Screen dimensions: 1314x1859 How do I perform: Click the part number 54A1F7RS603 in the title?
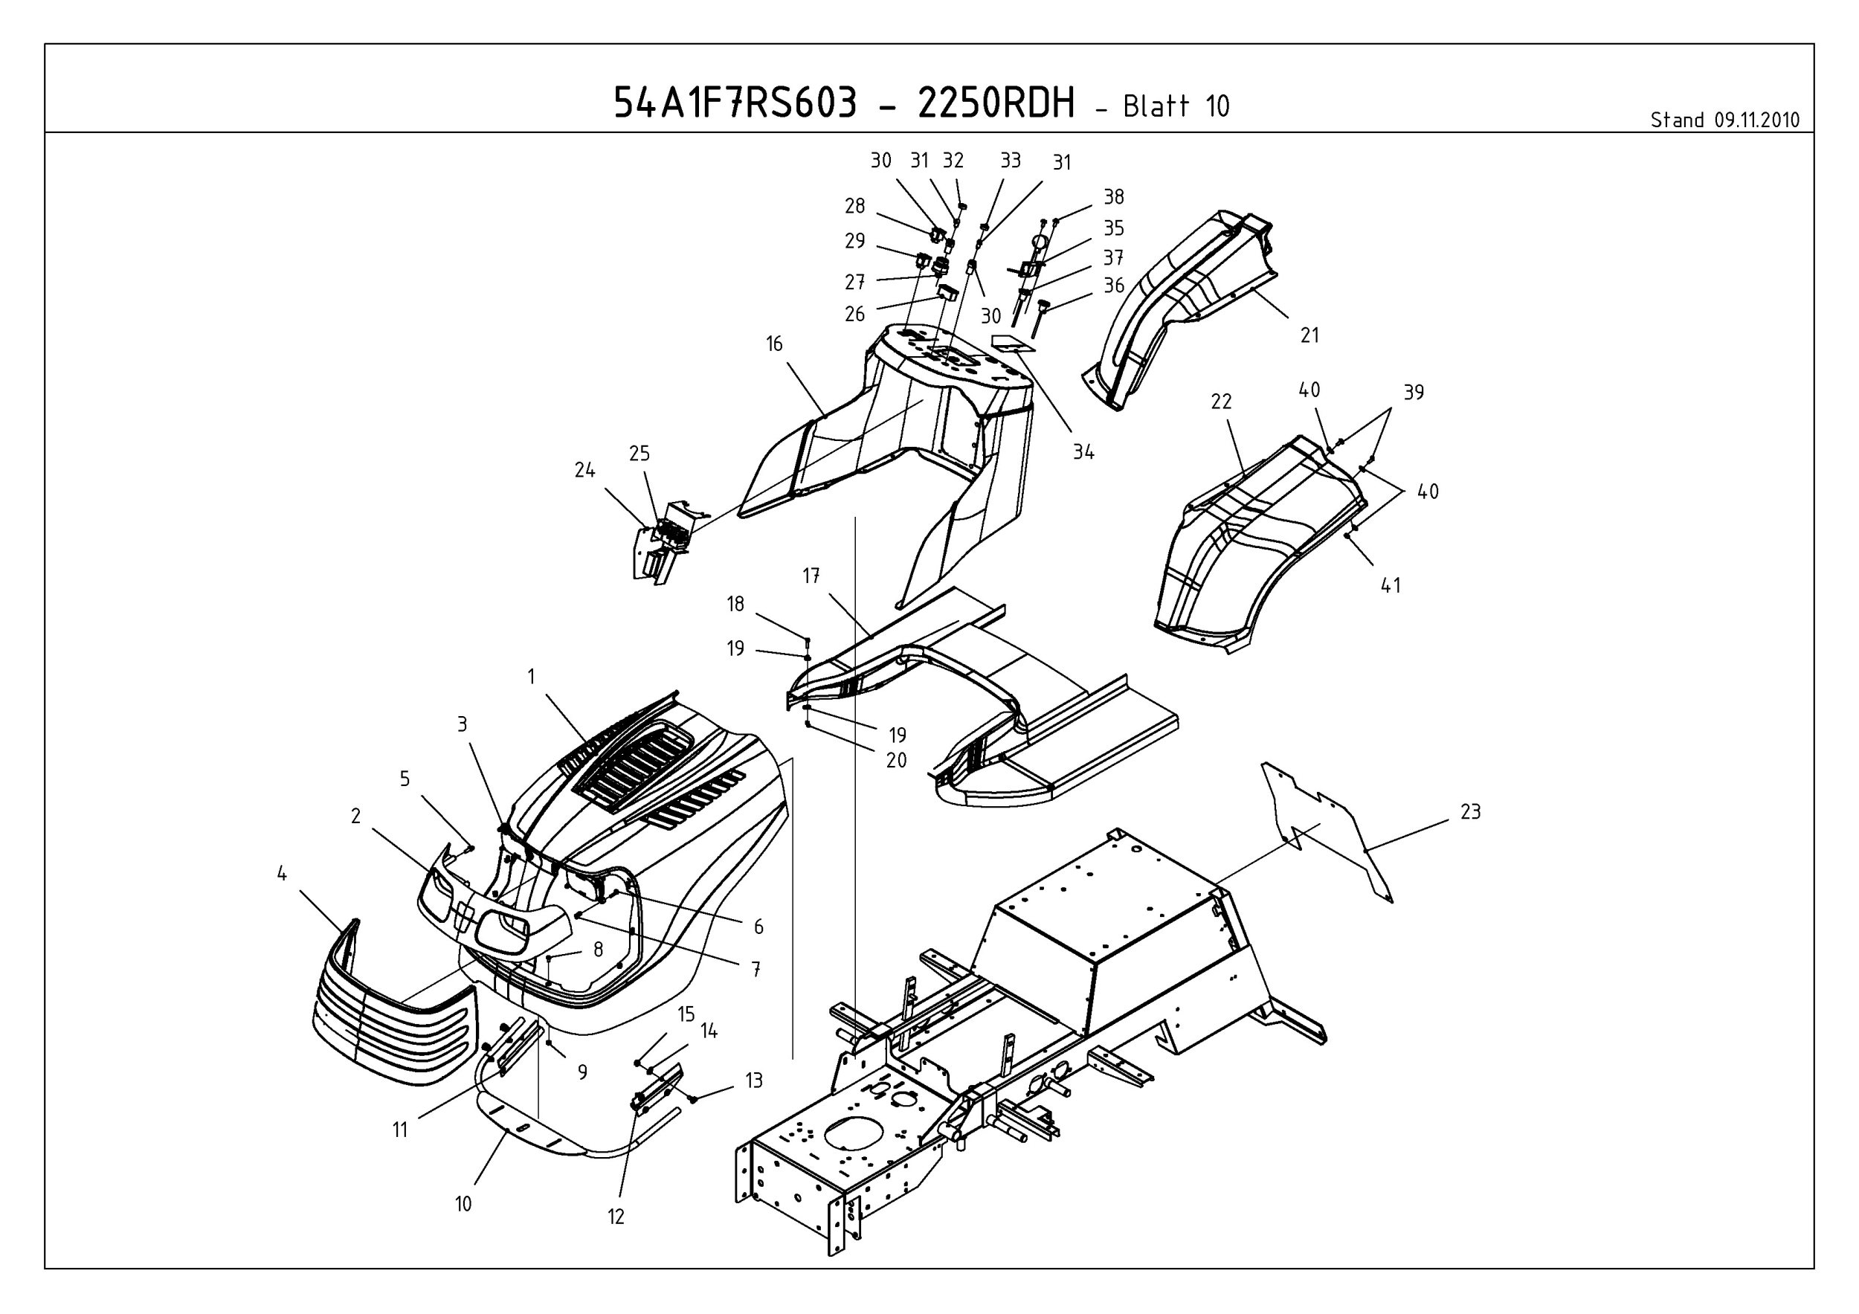pyautogui.click(x=735, y=103)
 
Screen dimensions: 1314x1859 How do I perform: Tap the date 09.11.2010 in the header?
pyautogui.click(x=1756, y=120)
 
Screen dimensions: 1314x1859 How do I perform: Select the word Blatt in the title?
pyautogui.click(x=1156, y=106)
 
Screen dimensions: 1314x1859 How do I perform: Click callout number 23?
pyautogui.click(x=1470, y=811)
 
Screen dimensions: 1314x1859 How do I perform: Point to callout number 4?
pyautogui.click(x=282, y=874)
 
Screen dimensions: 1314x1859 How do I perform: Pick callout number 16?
pyautogui.click(x=774, y=344)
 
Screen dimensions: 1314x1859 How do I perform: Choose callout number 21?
pyautogui.click(x=1309, y=335)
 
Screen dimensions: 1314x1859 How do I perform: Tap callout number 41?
pyautogui.click(x=1391, y=585)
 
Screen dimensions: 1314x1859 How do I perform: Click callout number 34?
pyautogui.click(x=1083, y=453)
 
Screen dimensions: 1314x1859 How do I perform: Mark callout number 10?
pyautogui.click(x=463, y=1204)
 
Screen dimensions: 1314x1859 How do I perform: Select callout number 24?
pyautogui.click(x=584, y=471)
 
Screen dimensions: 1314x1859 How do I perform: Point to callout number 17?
pyautogui.click(x=811, y=576)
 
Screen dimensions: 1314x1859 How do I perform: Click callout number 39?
pyautogui.click(x=1413, y=392)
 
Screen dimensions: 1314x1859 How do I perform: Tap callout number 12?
pyautogui.click(x=616, y=1217)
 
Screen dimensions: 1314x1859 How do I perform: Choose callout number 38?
pyautogui.click(x=1113, y=197)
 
